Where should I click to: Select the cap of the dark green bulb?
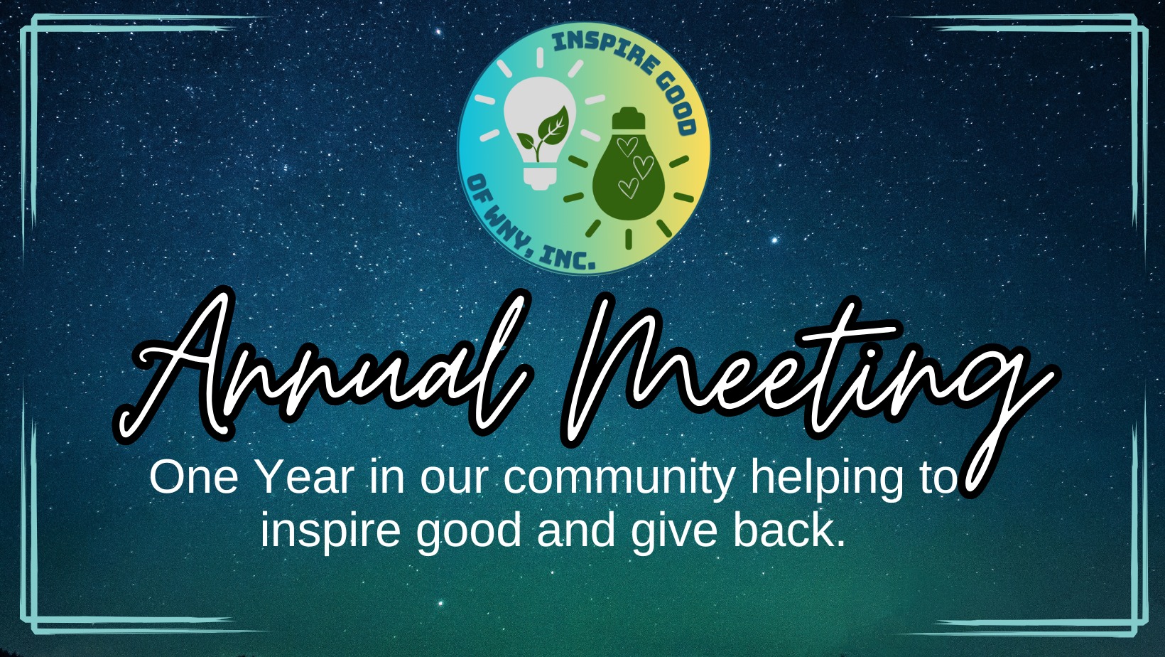[628, 117]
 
